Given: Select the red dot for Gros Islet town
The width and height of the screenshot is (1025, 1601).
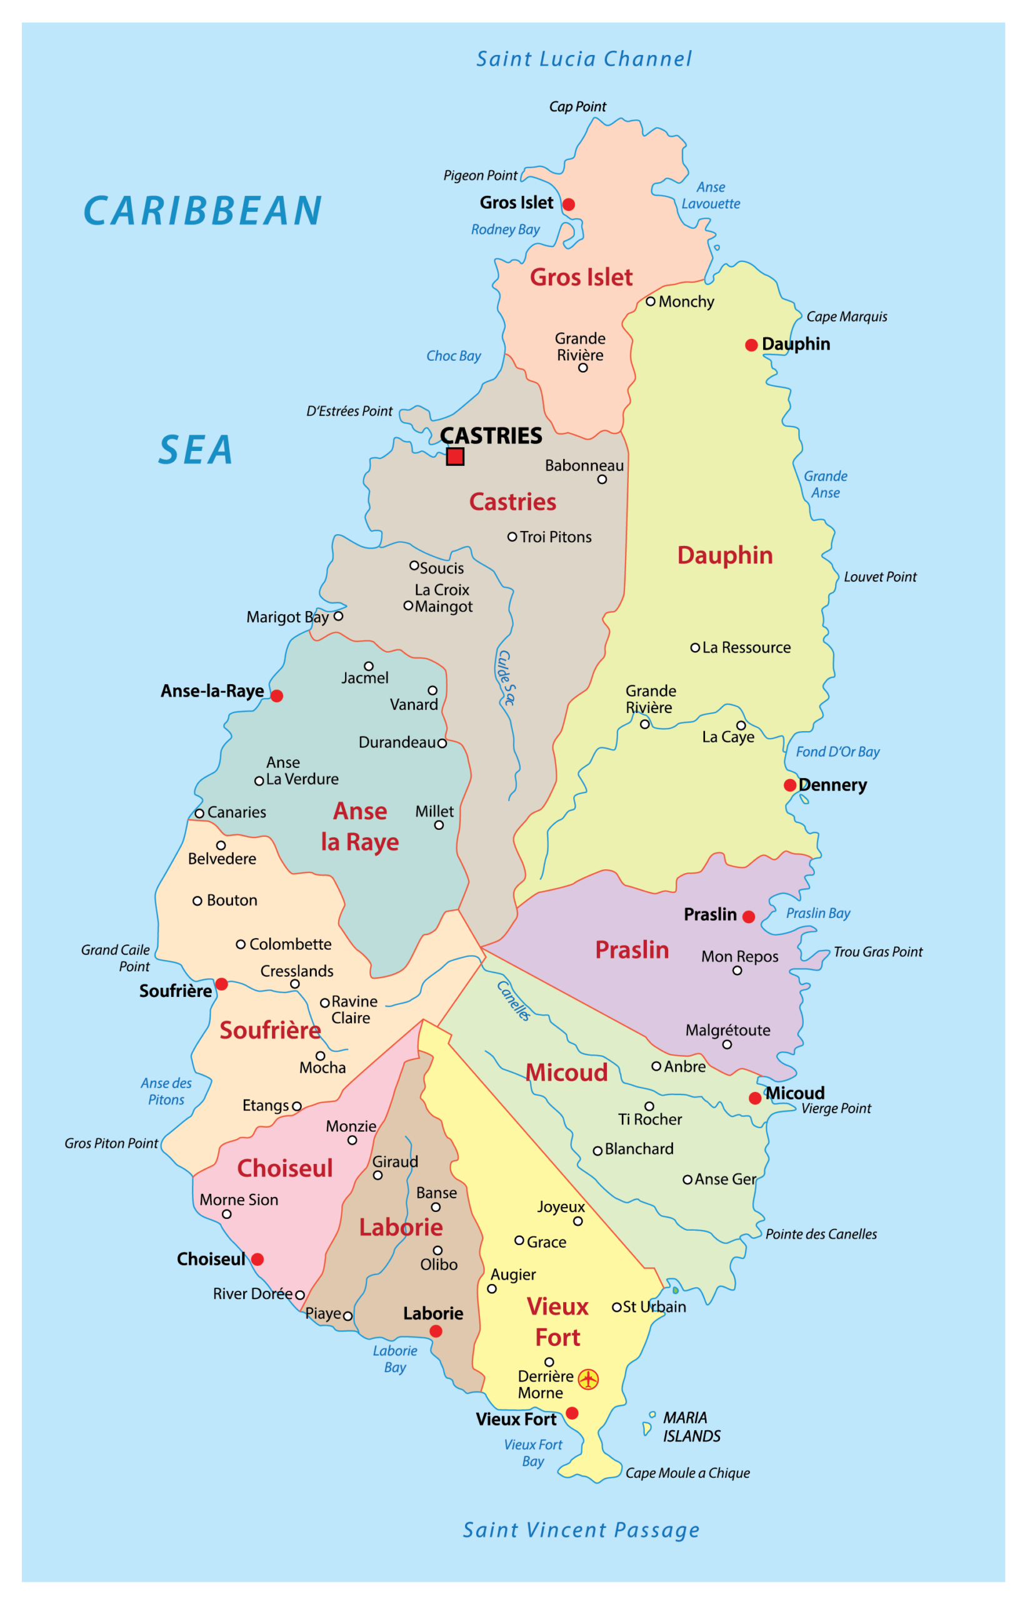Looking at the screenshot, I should [568, 205].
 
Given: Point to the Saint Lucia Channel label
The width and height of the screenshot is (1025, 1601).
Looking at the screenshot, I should [584, 59].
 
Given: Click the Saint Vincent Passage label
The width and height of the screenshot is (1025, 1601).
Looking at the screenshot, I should [581, 1530].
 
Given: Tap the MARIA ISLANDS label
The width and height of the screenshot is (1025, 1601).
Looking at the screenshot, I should [691, 1427].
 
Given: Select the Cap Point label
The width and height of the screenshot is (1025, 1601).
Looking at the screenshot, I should [577, 106].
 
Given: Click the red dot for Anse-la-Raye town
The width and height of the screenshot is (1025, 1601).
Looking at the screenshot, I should [277, 696].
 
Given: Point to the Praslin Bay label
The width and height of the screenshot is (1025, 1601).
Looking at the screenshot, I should [818, 913].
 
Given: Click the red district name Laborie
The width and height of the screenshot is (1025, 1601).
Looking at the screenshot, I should [401, 1228].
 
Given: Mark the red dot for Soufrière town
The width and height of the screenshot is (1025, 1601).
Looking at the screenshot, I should [222, 984].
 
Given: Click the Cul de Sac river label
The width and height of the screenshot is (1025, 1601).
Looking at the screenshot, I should [506, 678].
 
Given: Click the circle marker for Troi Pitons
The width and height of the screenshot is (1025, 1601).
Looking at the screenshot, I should [512, 537].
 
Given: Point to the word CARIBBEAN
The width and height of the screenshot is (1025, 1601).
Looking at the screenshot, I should [203, 211].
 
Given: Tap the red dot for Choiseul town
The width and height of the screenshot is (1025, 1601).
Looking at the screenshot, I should [257, 1260].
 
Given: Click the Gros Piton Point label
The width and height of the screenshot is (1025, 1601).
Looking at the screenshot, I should [111, 1143].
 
